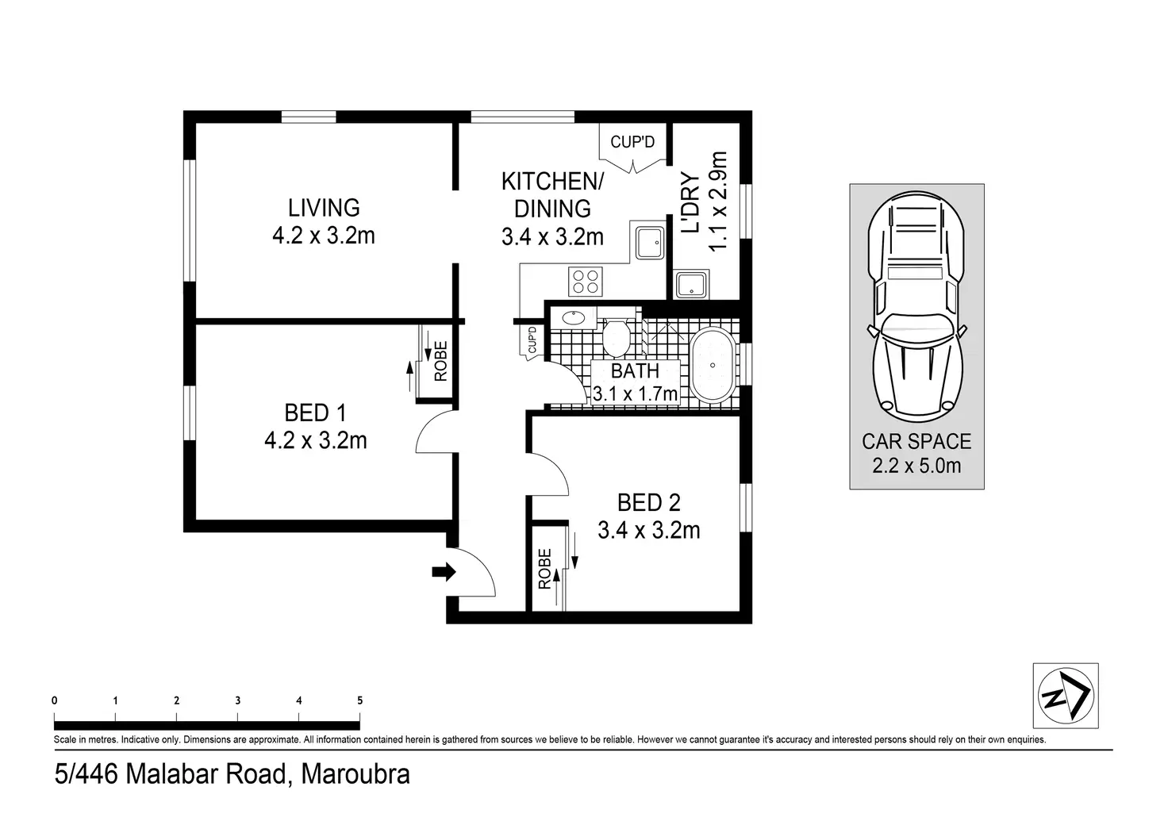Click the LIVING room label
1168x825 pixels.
pyautogui.click(x=324, y=208)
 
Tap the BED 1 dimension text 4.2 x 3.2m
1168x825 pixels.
pyautogui.click(x=316, y=441)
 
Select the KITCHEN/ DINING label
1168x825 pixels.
pyautogui.click(x=552, y=195)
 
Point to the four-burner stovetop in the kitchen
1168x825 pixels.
pyautogui.click(x=586, y=282)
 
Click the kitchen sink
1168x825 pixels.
pyautogui.click(x=650, y=242)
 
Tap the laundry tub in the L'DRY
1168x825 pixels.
pyautogui.click(x=691, y=285)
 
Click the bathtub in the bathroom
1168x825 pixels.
pyautogui.click(x=713, y=366)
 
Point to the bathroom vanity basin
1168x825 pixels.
pyautogui.click(x=574, y=318)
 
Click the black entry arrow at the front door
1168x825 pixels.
pyautogui.click(x=444, y=572)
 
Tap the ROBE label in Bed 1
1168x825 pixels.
pyautogui.click(x=440, y=361)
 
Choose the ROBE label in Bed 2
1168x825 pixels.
pyautogui.click(x=544, y=569)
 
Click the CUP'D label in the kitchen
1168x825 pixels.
pyautogui.click(x=632, y=142)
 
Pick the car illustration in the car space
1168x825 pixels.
pyautogui.click(x=916, y=307)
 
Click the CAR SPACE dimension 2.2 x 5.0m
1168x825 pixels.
pyautogui.click(x=916, y=466)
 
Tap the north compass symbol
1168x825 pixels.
pyautogui.click(x=1066, y=695)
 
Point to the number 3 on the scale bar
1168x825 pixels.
pyautogui.click(x=238, y=700)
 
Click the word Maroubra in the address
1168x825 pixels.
pyautogui.click(x=355, y=774)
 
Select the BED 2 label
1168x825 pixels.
pyautogui.click(x=648, y=503)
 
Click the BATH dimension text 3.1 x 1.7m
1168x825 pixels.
pyautogui.click(x=635, y=393)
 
